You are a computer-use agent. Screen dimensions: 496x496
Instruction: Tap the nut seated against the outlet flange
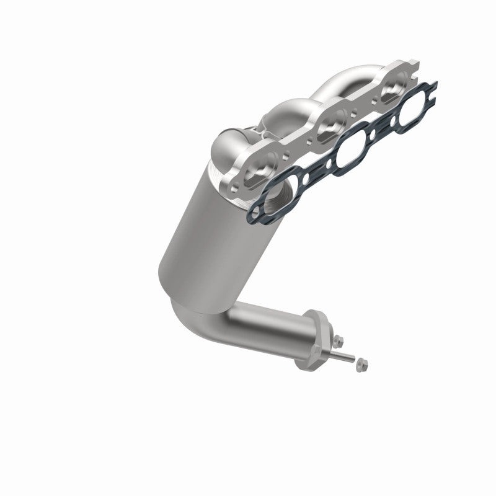[x=339, y=340]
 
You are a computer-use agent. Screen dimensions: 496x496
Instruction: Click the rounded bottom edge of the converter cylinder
[x=180, y=273]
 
